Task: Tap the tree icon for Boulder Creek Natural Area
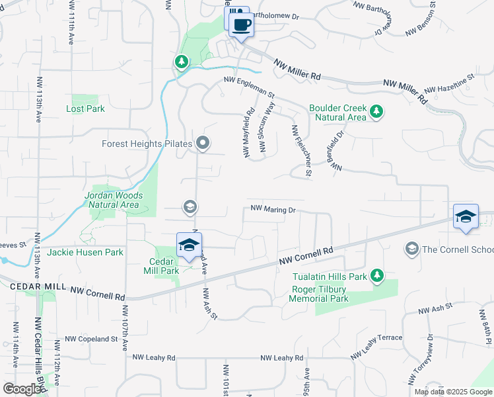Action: tap(376, 111)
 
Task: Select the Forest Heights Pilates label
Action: tap(147, 144)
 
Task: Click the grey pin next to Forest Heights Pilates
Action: tap(203, 143)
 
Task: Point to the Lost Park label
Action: tap(86, 109)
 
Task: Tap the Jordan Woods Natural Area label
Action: tap(112, 200)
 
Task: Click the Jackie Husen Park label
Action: tap(86, 252)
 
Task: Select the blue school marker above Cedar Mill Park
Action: tap(188, 245)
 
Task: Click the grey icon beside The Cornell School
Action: tap(412, 248)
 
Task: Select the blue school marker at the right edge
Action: tap(466, 216)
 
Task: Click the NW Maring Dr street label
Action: tap(272, 210)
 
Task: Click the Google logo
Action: tap(22, 389)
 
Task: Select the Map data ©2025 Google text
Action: tap(452, 392)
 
